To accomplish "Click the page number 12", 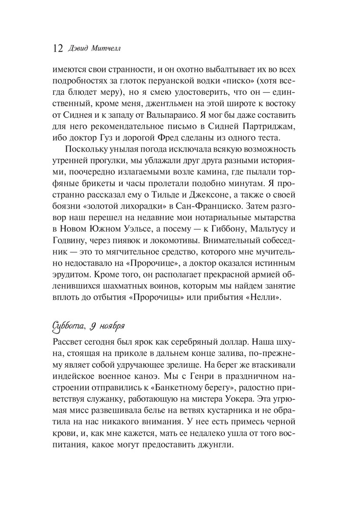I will tap(57, 49).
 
